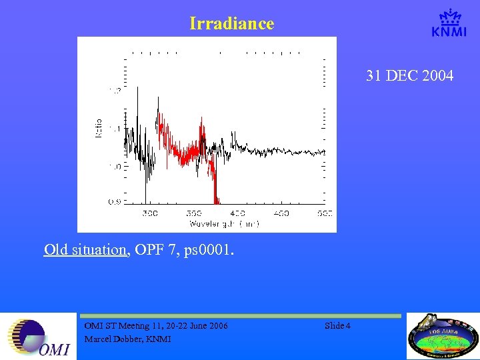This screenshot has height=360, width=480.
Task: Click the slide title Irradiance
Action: pyautogui.click(x=231, y=24)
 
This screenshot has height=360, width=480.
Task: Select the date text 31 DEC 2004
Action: pyautogui.click(x=409, y=76)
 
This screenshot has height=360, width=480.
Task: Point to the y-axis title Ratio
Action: pyautogui.click(x=99, y=127)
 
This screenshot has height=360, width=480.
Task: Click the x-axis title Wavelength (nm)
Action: pyautogui.click(x=224, y=223)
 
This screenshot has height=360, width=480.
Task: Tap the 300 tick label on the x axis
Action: pyautogui.click(x=151, y=213)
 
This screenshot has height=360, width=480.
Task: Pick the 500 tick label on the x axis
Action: pyautogui.click(x=324, y=213)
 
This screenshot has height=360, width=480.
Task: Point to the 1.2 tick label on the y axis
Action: pyautogui.click(x=115, y=91)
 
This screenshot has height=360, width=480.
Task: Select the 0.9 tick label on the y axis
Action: pyautogui.click(x=115, y=201)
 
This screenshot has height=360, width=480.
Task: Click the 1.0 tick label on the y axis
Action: pyautogui.click(x=115, y=166)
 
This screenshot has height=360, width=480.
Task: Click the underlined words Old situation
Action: pyautogui.click(x=85, y=250)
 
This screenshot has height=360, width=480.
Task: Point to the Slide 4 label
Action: pyautogui.click(x=339, y=326)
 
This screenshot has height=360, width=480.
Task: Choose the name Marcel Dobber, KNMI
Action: pyautogui.click(x=127, y=339)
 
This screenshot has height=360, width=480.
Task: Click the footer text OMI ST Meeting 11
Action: pyautogui.click(x=127, y=326)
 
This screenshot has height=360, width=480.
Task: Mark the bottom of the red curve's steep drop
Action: pyautogui.click(x=216, y=200)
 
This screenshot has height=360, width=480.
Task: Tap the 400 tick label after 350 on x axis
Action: pyautogui.click(x=237, y=213)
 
